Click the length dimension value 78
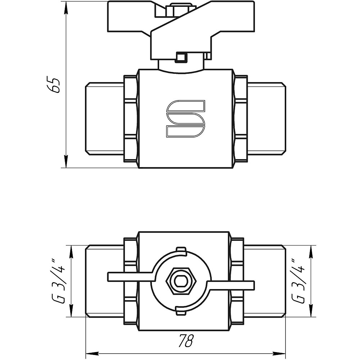185,340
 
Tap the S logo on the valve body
185,118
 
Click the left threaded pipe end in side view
104,118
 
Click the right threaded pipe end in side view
266,118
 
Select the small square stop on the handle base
180,57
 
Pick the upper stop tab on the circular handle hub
181,251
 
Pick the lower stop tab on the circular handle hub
181,311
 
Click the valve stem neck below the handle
181,66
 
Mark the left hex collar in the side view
131,118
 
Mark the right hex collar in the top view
237,281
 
